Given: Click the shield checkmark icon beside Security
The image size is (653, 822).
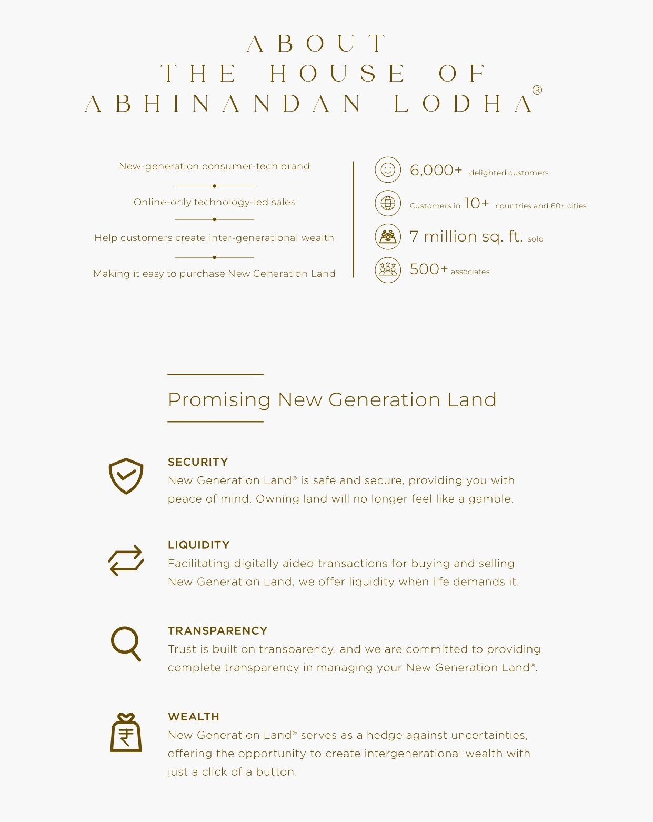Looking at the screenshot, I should [126, 476].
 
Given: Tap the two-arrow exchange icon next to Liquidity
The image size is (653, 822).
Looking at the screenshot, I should [126, 560].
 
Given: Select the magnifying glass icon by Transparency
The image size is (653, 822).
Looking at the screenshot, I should [126, 644].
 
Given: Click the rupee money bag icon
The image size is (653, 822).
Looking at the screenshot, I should [126, 733].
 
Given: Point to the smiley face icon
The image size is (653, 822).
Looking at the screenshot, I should [388, 170].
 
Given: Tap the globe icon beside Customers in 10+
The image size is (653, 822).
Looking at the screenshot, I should [388, 203].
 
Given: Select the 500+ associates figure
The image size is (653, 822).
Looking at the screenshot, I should [428, 269].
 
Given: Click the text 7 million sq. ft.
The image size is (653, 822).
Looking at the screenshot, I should [466, 236].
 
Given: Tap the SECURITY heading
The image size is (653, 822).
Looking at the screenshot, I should [198, 462].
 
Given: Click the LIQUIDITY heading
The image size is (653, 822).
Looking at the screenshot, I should [199, 545].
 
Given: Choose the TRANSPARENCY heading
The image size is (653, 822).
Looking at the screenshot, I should [217, 631].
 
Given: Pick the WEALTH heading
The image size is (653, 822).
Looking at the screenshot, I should [194, 717].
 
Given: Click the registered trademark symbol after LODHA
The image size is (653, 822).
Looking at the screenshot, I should [537, 90].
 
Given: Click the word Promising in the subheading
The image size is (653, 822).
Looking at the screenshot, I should [219, 400].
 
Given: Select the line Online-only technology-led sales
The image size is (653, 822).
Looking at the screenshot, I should [214, 202].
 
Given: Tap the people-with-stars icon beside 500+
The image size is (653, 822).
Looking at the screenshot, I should [388, 269].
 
